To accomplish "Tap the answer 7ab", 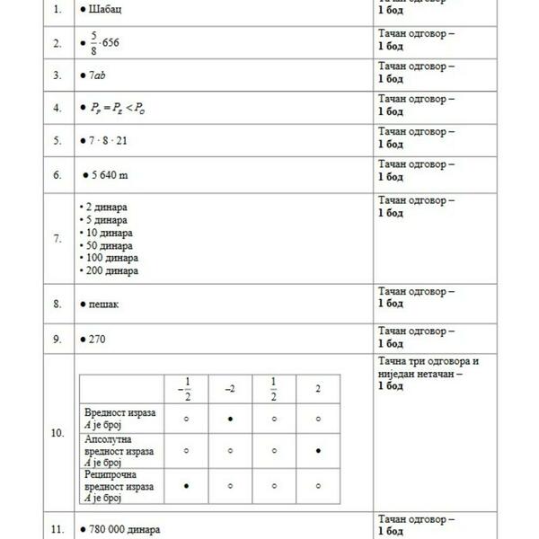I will coord(98,75).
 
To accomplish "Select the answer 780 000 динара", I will coord(125,530).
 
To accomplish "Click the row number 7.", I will coord(57,239).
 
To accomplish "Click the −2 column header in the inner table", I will coord(231,387).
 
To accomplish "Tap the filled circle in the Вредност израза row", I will coord(231,418).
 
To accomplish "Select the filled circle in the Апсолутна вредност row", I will coord(319,451).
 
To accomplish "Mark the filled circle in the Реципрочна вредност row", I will coord(186,485).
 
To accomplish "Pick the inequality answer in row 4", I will coord(118,109).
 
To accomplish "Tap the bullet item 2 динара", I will coord(103,207).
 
